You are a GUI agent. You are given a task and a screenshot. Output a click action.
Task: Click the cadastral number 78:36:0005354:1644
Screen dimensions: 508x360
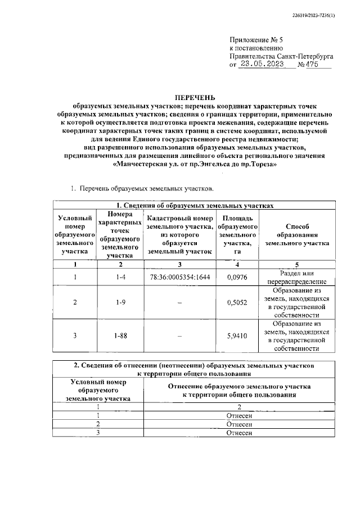[x=180, y=278]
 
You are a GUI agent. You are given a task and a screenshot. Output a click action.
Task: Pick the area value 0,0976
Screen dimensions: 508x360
[x=237, y=278]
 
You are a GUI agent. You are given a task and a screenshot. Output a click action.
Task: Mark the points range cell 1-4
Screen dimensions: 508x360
[x=119, y=278]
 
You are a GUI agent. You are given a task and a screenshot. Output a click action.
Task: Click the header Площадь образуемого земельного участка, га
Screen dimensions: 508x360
[x=237, y=235]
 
